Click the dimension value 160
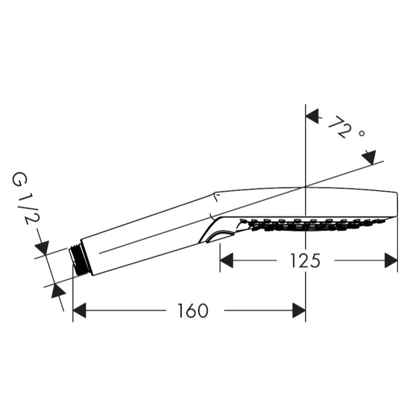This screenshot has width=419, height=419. pyautogui.click(x=193, y=310)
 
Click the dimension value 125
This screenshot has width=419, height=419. pyautogui.click(x=305, y=261)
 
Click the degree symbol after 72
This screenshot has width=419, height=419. pyautogui.click(x=362, y=133)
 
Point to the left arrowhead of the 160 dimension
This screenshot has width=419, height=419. pyautogui.click(x=79, y=310)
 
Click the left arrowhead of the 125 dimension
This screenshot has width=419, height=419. pyautogui.click(x=226, y=261)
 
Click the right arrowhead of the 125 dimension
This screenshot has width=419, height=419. pyautogui.click(x=391, y=261)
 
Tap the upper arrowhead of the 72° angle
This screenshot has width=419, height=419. pyautogui.click(x=312, y=116)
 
